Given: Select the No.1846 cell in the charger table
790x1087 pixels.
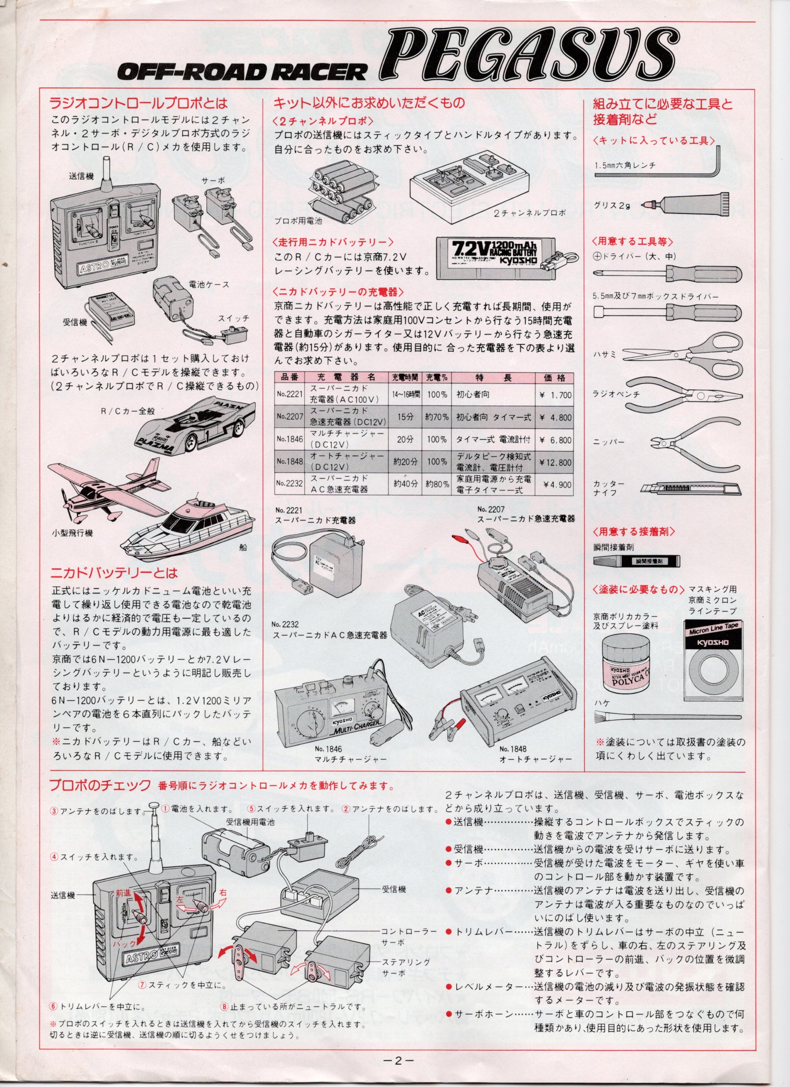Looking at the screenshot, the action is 288,440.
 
